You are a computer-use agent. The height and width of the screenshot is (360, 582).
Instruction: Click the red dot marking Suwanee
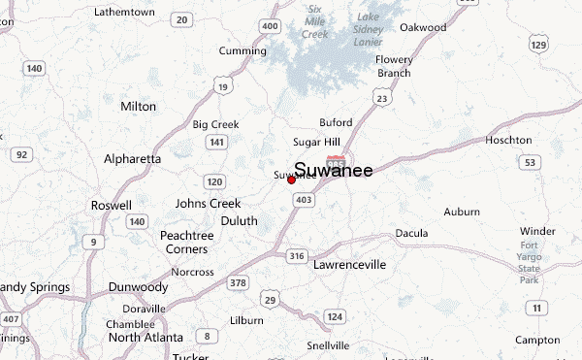coord(291,180)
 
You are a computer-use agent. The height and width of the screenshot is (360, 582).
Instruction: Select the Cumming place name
coord(242,50)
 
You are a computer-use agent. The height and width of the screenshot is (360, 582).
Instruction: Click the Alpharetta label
coord(132,158)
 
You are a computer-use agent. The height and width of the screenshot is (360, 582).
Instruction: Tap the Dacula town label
coord(412,233)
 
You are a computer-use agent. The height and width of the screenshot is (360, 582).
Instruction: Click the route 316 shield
coord(297,256)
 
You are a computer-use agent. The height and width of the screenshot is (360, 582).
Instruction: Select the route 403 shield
coord(304,199)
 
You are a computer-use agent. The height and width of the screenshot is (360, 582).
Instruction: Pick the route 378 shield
coord(237,282)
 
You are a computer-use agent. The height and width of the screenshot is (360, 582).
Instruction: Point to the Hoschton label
coord(509,140)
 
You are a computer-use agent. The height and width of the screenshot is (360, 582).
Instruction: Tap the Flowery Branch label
coord(394,66)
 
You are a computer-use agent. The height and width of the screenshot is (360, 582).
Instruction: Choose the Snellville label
coord(327,345)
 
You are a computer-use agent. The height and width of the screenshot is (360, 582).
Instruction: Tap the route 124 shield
coord(335,317)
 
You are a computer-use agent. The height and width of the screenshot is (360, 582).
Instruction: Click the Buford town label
coord(336,123)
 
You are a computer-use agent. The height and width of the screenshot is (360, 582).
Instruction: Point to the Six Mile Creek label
coord(315,21)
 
